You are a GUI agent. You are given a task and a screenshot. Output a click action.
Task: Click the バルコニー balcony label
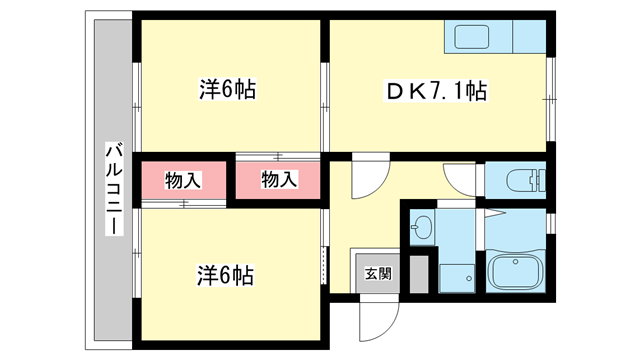tap(112, 190)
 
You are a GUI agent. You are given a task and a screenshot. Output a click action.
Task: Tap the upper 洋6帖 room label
tap(227, 90)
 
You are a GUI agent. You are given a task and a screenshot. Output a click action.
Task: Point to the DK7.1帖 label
tap(437, 92)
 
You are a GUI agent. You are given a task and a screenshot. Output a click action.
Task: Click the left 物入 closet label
tap(183, 180)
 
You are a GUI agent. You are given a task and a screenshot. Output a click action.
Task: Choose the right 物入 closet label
tap(280, 180)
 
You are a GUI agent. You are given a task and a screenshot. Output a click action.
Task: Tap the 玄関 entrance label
tap(376, 272)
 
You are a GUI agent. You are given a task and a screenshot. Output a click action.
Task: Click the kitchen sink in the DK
tap(477, 38)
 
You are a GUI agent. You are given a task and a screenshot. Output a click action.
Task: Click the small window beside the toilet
tap(550, 178)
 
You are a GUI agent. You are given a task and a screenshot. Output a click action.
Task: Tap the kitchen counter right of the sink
tap(530, 38)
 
